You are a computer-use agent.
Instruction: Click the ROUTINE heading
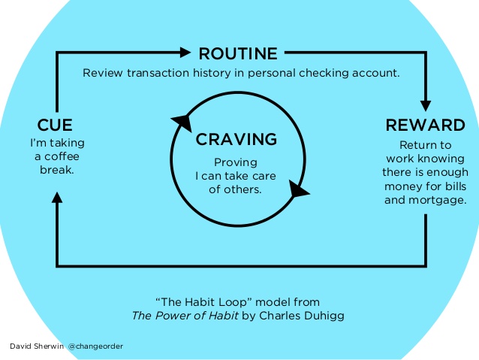pos(237,53)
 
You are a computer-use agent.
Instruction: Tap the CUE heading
pos(55,124)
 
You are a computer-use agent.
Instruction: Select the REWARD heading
pos(425,125)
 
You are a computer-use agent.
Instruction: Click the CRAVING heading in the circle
pos(236,139)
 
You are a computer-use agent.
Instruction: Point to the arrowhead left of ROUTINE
pos(185,53)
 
